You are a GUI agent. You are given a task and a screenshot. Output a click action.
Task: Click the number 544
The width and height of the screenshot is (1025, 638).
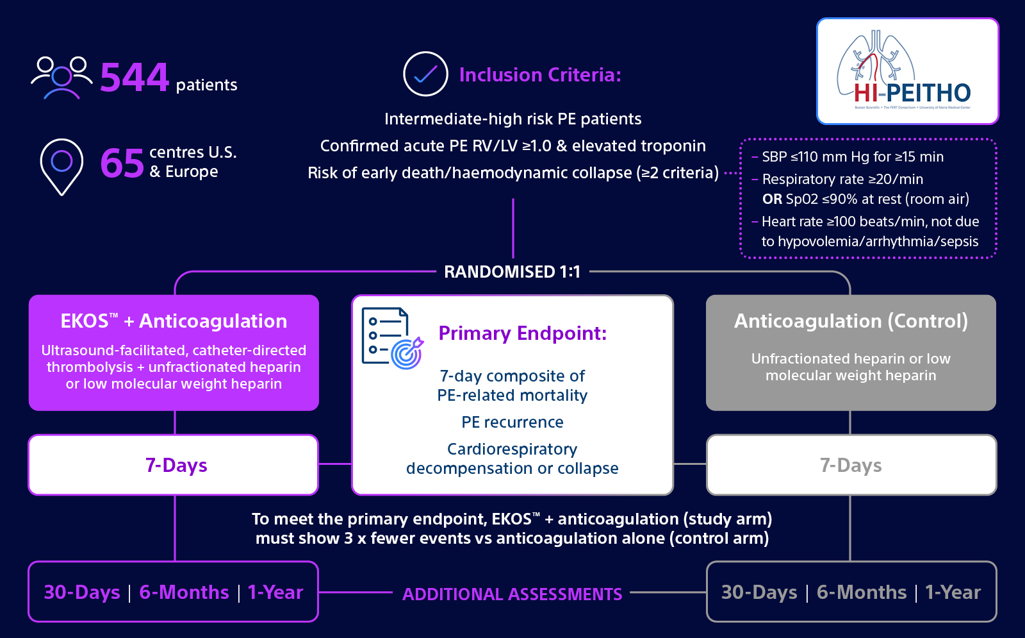pyautogui.click(x=135, y=78)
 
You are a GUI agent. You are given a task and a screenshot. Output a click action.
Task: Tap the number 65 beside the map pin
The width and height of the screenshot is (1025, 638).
pyautogui.click(x=122, y=163)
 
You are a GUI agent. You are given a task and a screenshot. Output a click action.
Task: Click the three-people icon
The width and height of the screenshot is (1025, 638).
pyautogui.click(x=61, y=78)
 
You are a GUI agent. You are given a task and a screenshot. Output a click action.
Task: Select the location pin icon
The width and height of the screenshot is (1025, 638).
pyautogui.click(x=61, y=167)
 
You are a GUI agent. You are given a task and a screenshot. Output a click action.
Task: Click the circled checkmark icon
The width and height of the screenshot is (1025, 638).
pyautogui.click(x=425, y=74)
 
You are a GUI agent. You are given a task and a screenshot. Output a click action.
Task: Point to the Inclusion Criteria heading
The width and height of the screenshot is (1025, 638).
pyautogui.click(x=541, y=74)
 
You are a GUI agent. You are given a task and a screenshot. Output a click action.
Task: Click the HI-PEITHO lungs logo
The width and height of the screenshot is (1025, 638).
pyautogui.click(x=907, y=71)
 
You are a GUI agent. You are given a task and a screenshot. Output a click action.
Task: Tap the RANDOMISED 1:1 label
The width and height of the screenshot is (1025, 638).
pyautogui.click(x=512, y=272)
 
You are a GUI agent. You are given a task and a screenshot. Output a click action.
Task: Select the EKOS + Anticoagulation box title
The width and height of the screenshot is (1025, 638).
pyautogui.click(x=174, y=321)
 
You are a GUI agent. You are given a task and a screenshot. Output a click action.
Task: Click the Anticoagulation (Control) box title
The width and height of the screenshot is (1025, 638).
pyautogui.click(x=851, y=321)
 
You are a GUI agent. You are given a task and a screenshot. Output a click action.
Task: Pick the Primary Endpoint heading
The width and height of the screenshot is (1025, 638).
pyautogui.click(x=523, y=333)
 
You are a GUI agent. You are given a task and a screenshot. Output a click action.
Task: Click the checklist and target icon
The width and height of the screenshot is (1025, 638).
pyautogui.click(x=393, y=339)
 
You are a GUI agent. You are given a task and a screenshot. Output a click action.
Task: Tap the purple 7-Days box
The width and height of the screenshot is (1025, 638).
pyautogui.click(x=174, y=465)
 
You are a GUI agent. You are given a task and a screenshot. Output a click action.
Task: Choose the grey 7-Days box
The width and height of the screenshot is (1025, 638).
pyautogui.click(x=851, y=465)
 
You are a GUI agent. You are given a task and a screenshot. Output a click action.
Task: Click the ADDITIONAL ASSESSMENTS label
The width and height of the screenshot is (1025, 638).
pyautogui.click(x=512, y=594)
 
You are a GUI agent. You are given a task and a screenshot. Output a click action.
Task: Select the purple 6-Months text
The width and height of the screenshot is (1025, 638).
pyautogui.click(x=184, y=592)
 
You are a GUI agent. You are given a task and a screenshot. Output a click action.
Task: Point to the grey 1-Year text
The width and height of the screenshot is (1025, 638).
pyautogui.click(x=953, y=592)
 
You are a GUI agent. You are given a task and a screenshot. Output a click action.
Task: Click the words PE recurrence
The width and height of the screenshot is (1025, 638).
pyautogui.click(x=512, y=422)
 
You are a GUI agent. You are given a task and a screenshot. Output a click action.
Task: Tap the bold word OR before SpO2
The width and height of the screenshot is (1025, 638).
pyautogui.click(x=772, y=199)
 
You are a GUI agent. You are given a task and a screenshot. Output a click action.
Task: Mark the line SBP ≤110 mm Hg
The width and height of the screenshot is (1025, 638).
pyautogui.click(x=853, y=156)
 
